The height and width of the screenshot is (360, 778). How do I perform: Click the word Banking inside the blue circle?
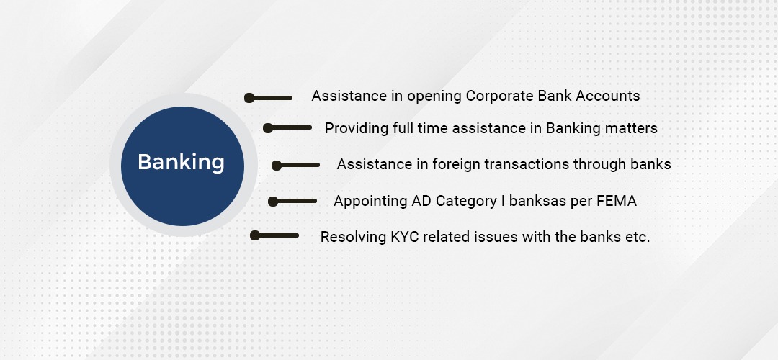point(181,163)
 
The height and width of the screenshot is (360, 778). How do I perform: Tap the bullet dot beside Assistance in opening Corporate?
point(249,98)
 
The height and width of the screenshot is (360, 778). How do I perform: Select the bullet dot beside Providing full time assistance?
point(267,128)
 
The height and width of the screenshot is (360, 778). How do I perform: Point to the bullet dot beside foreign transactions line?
point(277,166)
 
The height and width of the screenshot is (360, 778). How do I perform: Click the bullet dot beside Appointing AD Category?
point(273,202)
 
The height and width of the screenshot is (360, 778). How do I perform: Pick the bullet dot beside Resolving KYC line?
point(255,235)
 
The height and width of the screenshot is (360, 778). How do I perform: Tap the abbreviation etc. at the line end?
point(638,238)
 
